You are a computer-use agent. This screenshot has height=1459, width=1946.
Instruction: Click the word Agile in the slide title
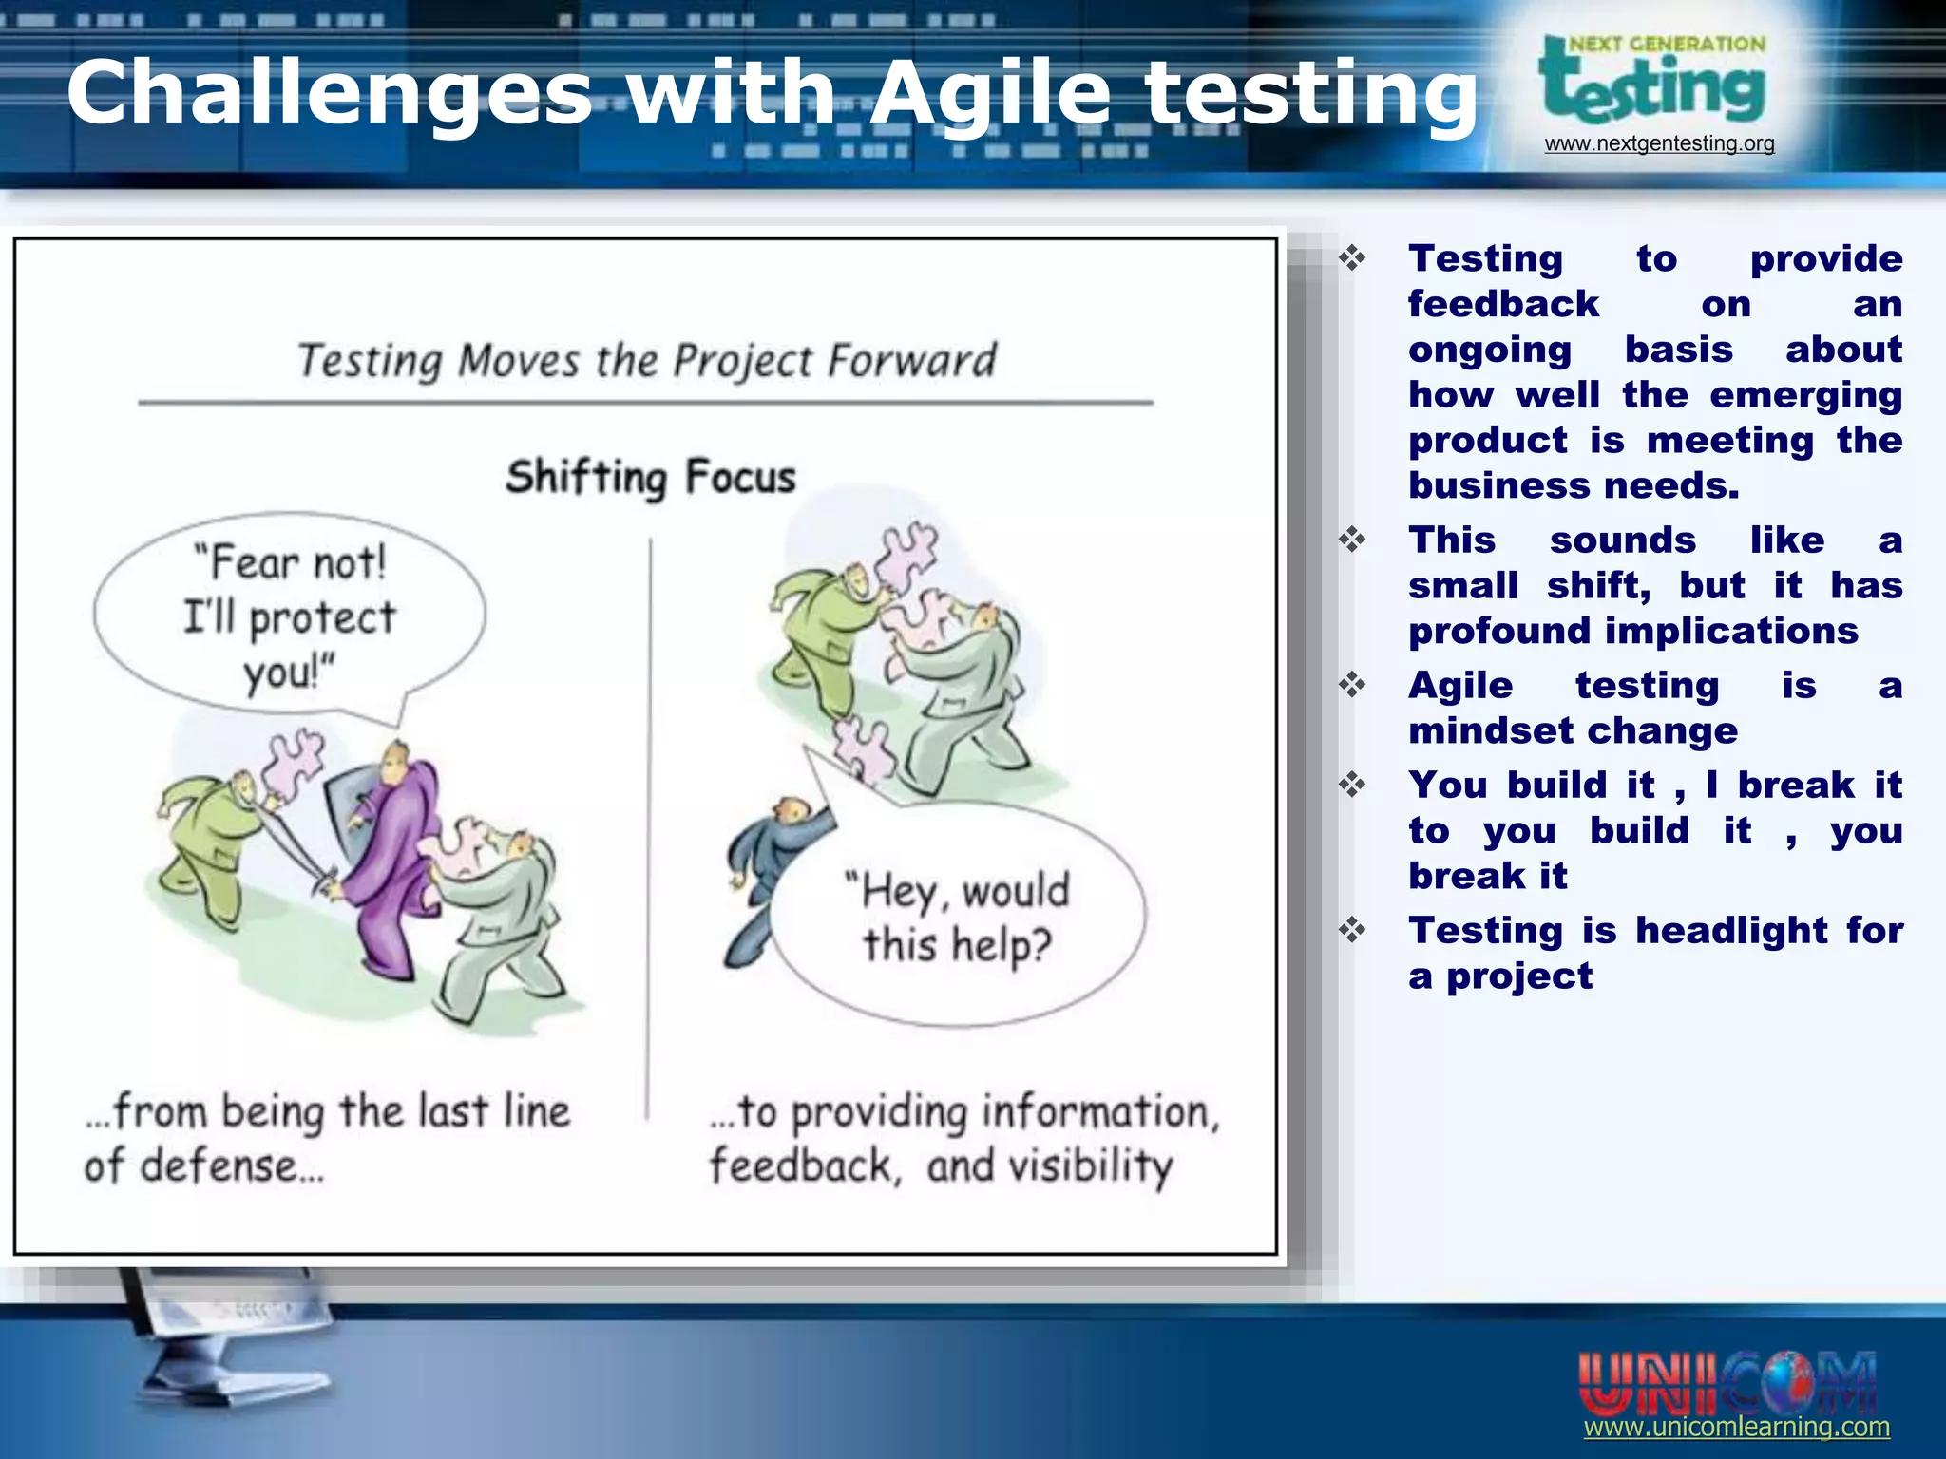click(990, 93)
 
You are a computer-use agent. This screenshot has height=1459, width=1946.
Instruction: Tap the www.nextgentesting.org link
click(1659, 143)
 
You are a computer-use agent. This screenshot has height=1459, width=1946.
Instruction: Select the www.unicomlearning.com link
click(1736, 1427)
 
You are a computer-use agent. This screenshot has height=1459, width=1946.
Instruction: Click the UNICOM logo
click(1727, 1383)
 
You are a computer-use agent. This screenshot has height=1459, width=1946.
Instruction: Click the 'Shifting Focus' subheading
click(650, 477)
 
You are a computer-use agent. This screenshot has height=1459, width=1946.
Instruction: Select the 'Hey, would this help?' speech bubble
click(958, 917)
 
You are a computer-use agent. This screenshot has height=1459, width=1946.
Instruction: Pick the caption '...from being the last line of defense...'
click(326, 1138)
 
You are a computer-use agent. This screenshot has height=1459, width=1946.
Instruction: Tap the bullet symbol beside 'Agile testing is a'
click(1352, 685)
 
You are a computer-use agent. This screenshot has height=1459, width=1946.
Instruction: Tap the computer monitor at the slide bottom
click(228, 1349)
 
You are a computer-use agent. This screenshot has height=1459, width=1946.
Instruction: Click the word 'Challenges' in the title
click(329, 93)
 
